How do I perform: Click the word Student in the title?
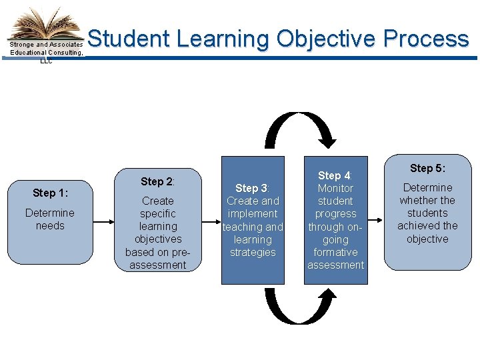(x=129, y=39)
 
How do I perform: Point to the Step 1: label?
(x=50, y=193)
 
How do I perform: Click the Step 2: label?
(x=157, y=181)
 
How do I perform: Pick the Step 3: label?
(x=252, y=188)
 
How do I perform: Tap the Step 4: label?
(x=335, y=175)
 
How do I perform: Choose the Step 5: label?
(x=427, y=168)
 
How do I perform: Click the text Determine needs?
(x=50, y=219)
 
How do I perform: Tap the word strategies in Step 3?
(x=252, y=252)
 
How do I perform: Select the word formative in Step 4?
(x=335, y=252)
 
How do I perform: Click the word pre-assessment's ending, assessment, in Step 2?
(x=158, y=265)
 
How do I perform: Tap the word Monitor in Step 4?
(x=335, y=188)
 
